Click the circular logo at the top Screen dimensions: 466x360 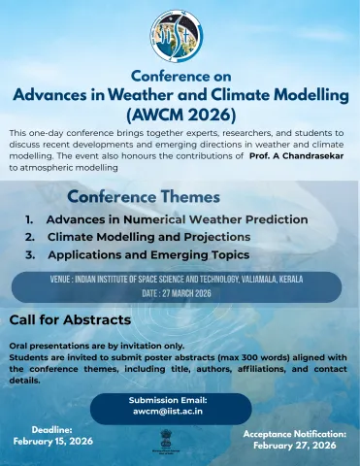[x=179, y=35]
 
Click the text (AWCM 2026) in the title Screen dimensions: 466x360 [x=180, y=114]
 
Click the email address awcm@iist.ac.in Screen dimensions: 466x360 [x=168, y=412]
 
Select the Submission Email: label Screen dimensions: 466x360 [x=168, y=400]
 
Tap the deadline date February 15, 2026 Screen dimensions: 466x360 [x=53, y=441]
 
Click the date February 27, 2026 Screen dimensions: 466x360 [x=294, y=445]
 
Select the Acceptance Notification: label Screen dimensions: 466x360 [x=294, y=433]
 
